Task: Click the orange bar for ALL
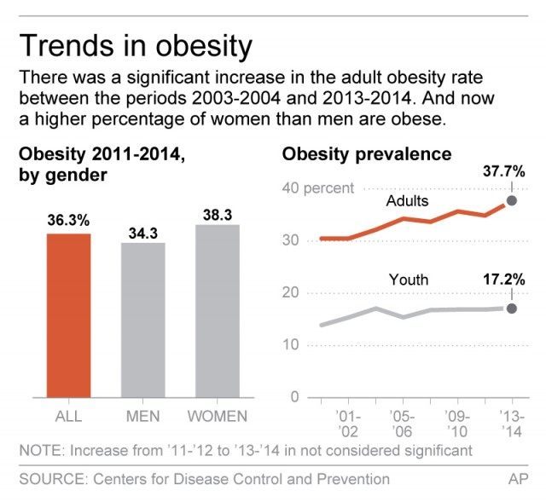click(68, 315)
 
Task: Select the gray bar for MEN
click(143, 320)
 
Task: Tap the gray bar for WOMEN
click(217, 311)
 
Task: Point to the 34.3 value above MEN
click(143, 231)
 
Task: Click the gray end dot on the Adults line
click(512, 201)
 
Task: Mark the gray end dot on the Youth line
click(512, 309)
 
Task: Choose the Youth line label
click(408, 279)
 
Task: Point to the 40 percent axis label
click(317, 188)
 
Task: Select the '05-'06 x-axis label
click(402, 424)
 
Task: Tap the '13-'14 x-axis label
click(511, 424)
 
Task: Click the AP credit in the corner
click(518, 479)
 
